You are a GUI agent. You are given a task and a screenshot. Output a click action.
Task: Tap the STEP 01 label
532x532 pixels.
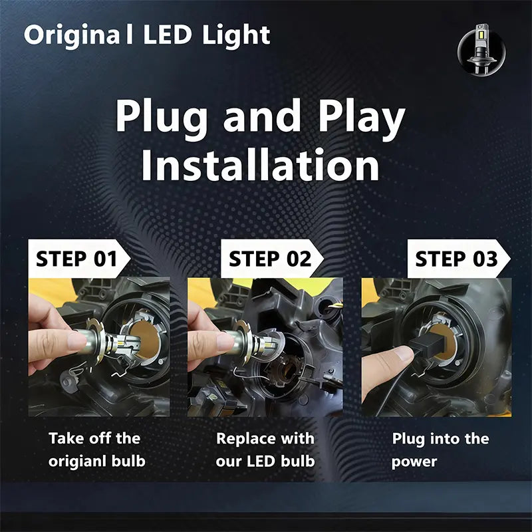click(x=76, y=259)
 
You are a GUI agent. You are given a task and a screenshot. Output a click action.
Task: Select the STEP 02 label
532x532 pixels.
click(x=270, y=259)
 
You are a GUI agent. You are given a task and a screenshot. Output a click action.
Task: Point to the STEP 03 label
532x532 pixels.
click(x=456, y=259)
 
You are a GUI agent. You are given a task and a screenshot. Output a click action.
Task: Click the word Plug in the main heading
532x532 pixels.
click(x=162, y=118)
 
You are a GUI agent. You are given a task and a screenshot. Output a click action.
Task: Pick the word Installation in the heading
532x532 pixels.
click(x=260, y=166)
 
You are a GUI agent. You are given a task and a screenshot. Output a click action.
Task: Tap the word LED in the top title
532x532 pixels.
click(x=168, y=35)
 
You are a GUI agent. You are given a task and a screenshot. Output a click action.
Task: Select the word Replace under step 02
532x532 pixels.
click(x=245, y=438)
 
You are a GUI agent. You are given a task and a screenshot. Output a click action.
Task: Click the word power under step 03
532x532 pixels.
click(x=414, y=462)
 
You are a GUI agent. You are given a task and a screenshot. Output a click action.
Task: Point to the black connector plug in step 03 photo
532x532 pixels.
click(x=426, y=346)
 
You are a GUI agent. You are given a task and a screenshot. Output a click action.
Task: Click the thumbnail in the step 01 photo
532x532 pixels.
click(x=77, y=342)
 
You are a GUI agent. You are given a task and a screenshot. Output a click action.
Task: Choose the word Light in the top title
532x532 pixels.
click(x=237, y=35)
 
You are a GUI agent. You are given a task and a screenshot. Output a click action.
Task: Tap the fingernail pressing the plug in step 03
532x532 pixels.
click(x=404, y=354)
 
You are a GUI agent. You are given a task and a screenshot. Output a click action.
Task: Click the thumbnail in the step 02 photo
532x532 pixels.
click(x=225, y=342)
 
